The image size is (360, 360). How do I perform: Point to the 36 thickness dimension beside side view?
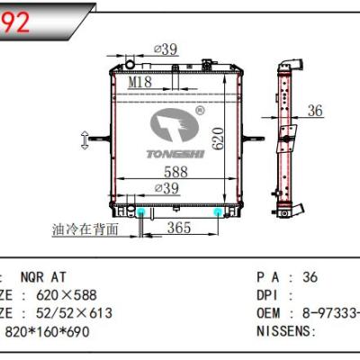tap(314, 112)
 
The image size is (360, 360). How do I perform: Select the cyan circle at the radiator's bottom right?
tap(219, 211)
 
